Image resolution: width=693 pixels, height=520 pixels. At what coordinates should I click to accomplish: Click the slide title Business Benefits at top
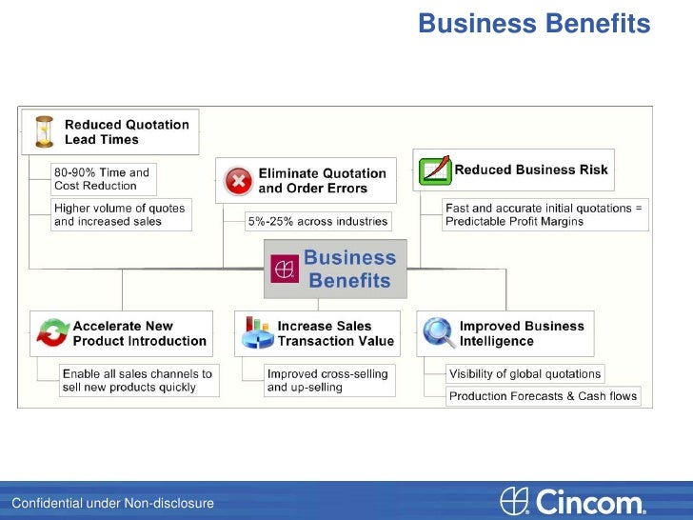pos(533,23)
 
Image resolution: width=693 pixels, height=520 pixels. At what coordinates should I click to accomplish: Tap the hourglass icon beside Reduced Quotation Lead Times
pos(44,131)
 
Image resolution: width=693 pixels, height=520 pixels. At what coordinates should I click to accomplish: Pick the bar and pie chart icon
pos(256,332)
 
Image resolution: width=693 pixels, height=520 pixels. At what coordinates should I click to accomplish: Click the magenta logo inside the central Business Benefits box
pos(284,270)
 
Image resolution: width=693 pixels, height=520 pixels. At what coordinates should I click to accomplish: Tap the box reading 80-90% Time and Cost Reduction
pos(103,179)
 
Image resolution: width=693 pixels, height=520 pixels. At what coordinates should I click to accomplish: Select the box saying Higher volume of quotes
pos(121,214)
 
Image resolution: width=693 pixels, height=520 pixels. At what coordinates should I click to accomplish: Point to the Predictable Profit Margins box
pos(545,214)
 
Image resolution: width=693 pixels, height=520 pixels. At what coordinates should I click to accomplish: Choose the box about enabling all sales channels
pos(136,380)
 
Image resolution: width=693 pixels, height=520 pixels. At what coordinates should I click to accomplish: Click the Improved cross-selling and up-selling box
pos(327,380)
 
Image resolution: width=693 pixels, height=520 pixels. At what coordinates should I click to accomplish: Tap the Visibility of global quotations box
pos(525,373)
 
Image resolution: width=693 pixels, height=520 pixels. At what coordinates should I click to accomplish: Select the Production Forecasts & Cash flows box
pos(543,395)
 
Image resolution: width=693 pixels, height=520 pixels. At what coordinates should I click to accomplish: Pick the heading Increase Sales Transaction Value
pos(335,333)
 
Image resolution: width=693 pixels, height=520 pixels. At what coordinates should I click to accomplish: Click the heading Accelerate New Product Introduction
pos(139,333)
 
